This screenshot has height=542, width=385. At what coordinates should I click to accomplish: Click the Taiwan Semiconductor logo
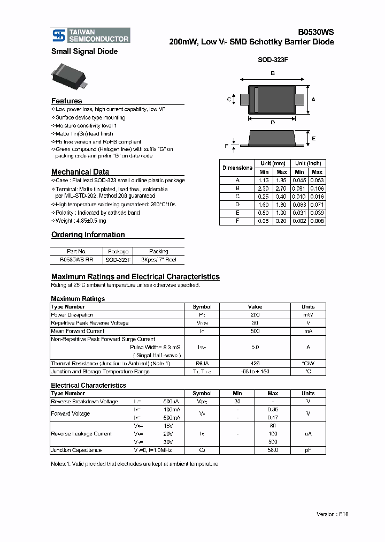(x=90, y=35)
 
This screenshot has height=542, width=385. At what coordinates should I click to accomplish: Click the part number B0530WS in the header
(x=315, y=32)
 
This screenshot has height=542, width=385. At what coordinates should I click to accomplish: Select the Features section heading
(x=67, y=101)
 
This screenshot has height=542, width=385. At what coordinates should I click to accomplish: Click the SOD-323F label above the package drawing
(x=273, y=61)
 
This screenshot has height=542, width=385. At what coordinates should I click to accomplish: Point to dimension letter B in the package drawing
(x=273, y=73)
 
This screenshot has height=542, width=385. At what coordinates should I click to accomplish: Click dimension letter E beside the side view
(x=313, y=139)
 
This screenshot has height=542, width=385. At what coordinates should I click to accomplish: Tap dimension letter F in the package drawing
(x=227, y=146)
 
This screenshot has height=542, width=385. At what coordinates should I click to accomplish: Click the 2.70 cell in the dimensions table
(x=282, y=189)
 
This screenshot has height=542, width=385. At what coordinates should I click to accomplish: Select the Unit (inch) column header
(x=309, y=163)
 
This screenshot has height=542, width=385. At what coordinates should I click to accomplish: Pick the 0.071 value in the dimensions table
(x=317, y=205)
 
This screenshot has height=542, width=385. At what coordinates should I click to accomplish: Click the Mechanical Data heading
(x=80, y=172)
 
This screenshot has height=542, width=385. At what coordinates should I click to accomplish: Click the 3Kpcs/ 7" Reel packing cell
(x=158, y=259)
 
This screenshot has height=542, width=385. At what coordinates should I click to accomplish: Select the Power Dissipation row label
(x=72, y=315)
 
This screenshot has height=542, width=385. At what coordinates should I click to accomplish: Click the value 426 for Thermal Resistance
(x=255, y=363)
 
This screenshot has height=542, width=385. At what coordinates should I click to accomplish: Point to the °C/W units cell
(x=308, y=363)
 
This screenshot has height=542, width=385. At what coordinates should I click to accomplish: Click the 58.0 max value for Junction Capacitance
(x=273, y=450)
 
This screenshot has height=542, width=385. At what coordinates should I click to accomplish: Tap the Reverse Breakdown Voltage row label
(x=84, y=401)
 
